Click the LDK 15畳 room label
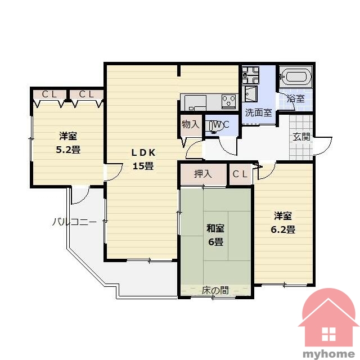143,159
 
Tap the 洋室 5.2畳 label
68,143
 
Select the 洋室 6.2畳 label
283,223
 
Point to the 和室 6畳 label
215,235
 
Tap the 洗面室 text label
259,112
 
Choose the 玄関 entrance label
301,137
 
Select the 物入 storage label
190,125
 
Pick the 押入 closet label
202,174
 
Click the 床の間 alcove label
215,290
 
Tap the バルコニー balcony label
74,222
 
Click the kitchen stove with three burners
228,101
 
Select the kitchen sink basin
195,102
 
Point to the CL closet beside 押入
240,174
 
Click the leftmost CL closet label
49,94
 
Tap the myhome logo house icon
328,318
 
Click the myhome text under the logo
328,353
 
